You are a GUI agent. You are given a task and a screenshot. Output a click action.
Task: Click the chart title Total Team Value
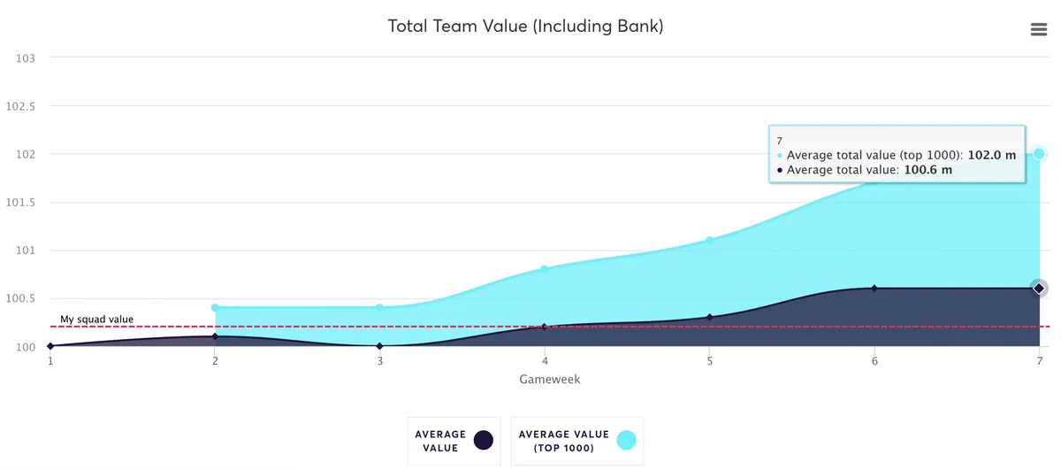click(x=525, y=27)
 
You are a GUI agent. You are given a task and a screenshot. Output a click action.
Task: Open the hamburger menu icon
click(x=1039, y=29)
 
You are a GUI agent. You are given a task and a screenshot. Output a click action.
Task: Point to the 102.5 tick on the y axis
click(x=20, y=106)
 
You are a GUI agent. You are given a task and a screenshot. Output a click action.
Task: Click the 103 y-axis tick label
click(x=26, y=58)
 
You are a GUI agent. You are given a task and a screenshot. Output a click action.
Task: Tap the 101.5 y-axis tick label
click(x=20, y=203)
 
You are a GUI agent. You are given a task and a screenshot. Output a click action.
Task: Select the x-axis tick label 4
click(x=545, y=361)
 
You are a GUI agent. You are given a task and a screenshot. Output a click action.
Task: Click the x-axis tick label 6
click(x=874, y=361)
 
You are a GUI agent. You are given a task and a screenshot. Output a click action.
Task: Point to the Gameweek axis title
click(x=550, y=379)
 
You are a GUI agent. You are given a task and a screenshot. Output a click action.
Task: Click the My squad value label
click(x=96, y=319)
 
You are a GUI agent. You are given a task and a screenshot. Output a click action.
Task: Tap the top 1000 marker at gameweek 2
click(x=215, y=308)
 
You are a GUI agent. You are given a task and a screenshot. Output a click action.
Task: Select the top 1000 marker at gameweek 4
click(x=545, y=269)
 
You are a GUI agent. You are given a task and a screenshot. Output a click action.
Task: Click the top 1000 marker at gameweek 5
click(x=710, y=240)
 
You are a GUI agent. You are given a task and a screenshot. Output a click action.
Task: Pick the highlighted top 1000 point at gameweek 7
click(x=1039, y=154)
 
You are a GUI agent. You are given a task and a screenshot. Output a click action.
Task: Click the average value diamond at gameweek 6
click(x=874, y=289)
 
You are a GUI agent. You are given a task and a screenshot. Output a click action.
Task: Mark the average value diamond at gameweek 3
click(x=380, y=346)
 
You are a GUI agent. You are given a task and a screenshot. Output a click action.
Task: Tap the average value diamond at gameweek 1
click(x=50, y=346)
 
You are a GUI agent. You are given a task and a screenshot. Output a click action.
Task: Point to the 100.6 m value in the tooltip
click(x=928, y=170)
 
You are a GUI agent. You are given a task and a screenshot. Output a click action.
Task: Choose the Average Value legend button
click(x=454, y=441)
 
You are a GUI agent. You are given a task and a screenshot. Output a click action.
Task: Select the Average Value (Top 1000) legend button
click(x=577, y=441)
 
